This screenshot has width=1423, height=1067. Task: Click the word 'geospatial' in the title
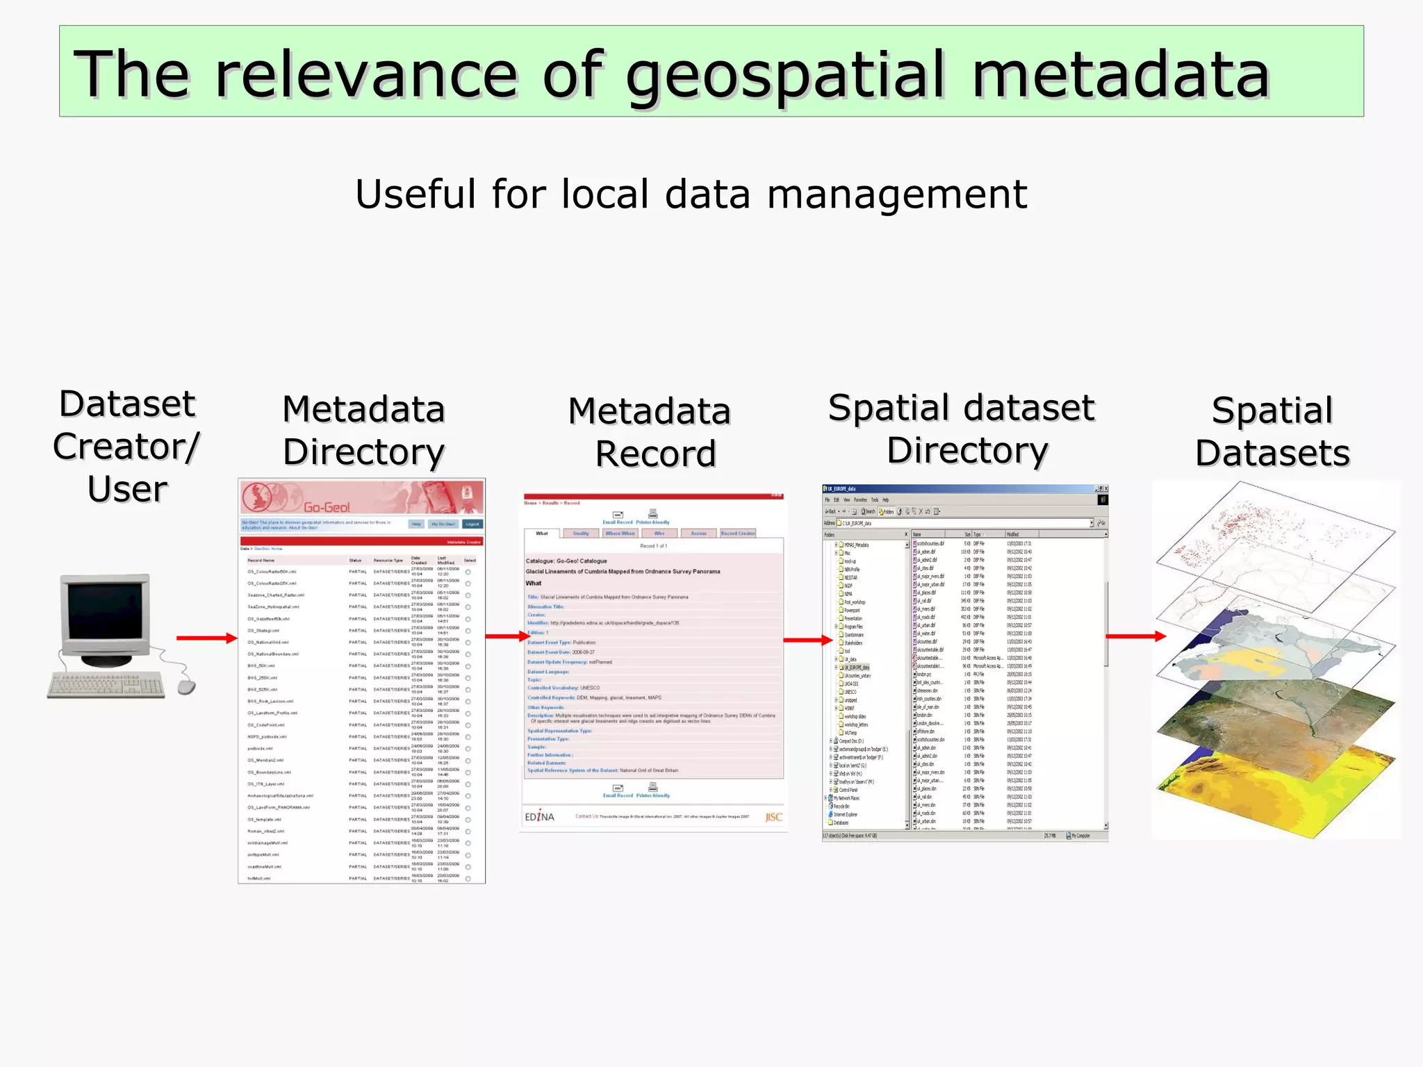tap(785, 75)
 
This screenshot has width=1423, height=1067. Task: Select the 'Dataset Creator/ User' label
tap(127, 446)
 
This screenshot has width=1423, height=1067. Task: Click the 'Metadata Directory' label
tap(363, 430)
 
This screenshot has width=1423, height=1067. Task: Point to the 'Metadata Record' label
tap(650, 432)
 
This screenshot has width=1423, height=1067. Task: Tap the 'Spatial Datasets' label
tap(1272, 431)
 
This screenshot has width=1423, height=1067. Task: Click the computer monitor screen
tap(104, 612)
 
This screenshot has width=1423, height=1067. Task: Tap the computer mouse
tap(186, 687)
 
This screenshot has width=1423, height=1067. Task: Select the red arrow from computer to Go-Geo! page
tap(206, 638)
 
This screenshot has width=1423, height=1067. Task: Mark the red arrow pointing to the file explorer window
tap(807, 640)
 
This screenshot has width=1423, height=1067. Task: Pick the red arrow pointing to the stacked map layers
tap(1135, 636)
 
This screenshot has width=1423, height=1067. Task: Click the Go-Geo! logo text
tap(327, 507)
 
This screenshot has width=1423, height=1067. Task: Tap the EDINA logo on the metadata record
tap(539, 817)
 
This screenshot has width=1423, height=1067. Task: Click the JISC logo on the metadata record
tap(773, 817)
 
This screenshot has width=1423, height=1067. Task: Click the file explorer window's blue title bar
tap(959, 489)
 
